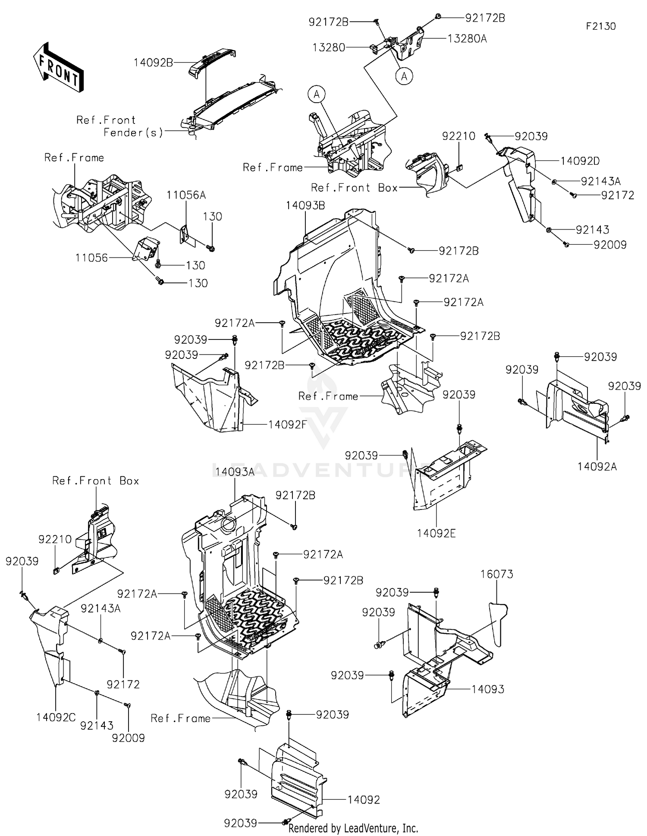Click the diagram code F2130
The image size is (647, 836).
600,26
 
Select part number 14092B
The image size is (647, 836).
153,63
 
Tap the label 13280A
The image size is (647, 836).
467,39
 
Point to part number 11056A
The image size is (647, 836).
186,195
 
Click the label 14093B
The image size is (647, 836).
305,206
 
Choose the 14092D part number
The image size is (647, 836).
580,161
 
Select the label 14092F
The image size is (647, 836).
288,425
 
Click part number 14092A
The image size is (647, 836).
597,467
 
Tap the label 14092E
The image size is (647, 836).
436,534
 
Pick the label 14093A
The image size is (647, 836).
235,472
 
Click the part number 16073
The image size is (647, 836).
497,575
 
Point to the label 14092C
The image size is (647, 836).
56,717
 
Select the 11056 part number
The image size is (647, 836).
91,258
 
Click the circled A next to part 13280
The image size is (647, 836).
404,76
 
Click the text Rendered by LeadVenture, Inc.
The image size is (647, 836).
353,828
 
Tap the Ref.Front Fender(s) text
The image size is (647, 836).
120,126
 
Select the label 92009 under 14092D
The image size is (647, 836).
609,245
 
